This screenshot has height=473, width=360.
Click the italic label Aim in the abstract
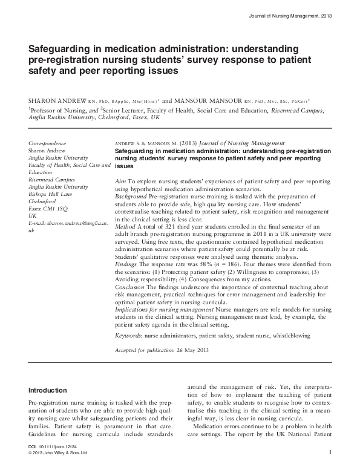(x=119, y=181)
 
